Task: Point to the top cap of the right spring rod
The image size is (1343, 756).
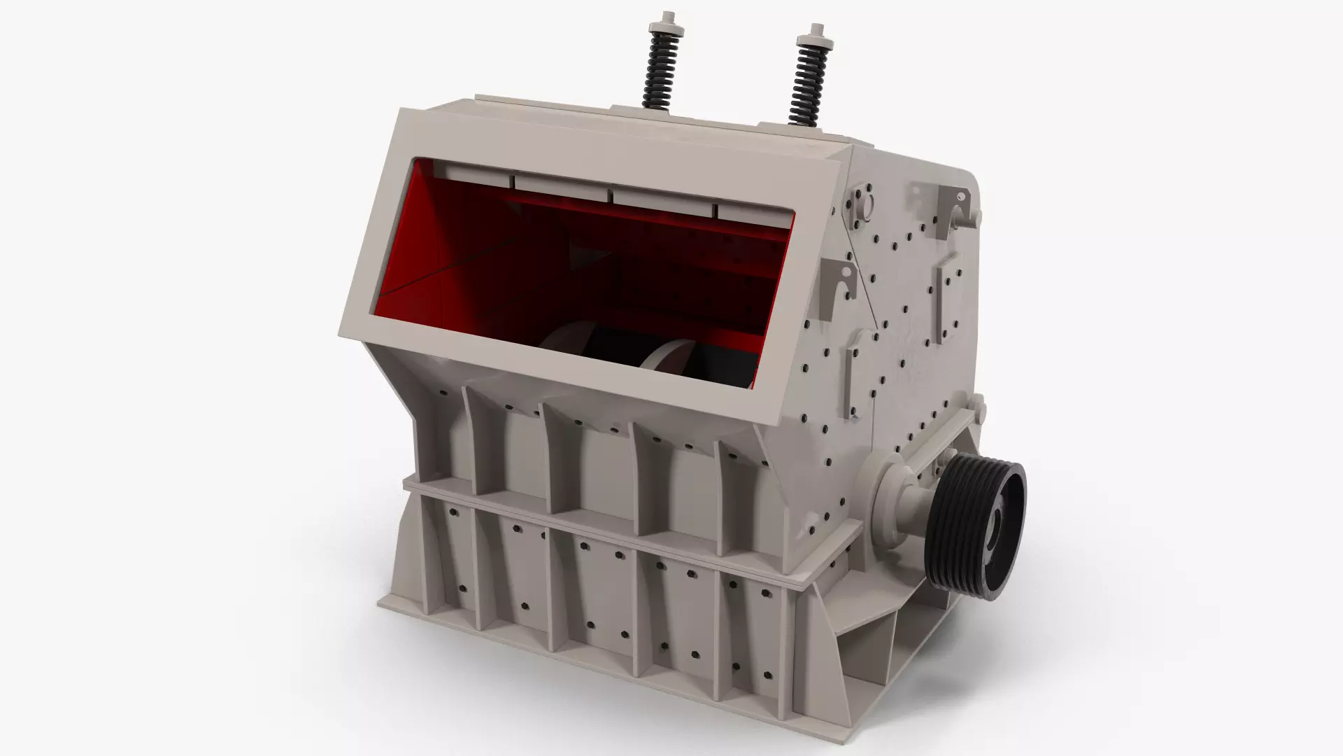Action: click(816, 29)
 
